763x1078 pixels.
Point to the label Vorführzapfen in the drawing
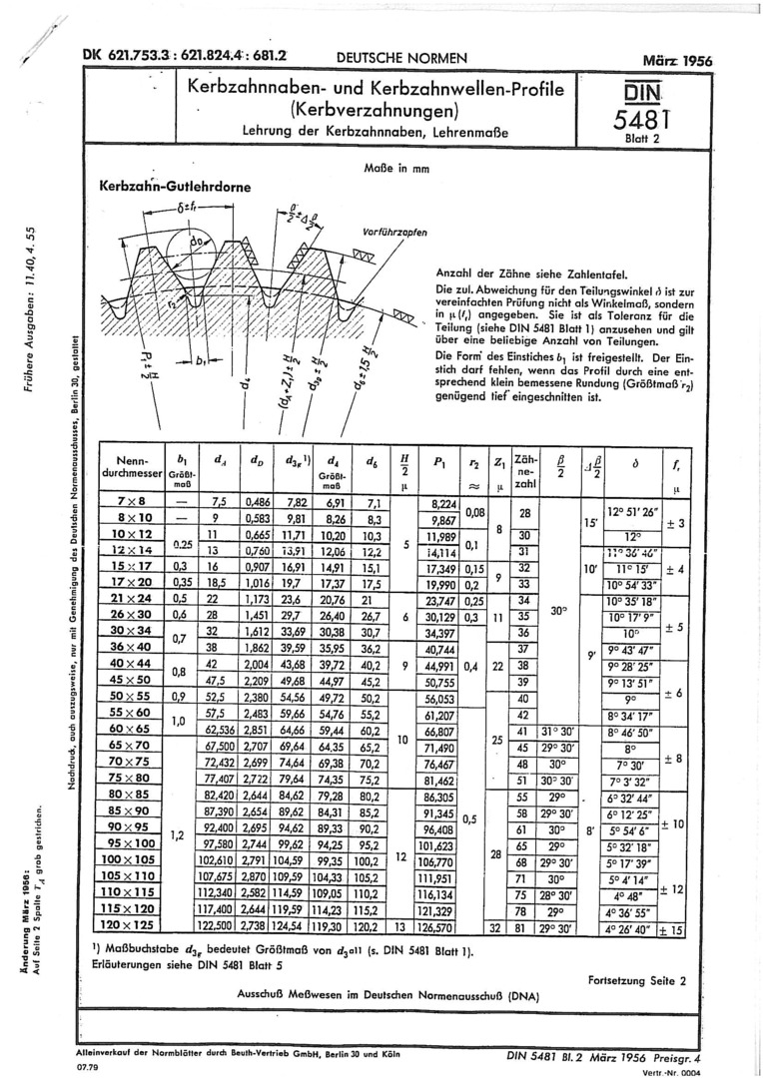pyautogui.click(x=394, y=232)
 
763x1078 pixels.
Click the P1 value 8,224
pyautogui.click(x=441, y=501)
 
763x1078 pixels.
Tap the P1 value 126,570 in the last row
pyautogui.click(x=439, y=927)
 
